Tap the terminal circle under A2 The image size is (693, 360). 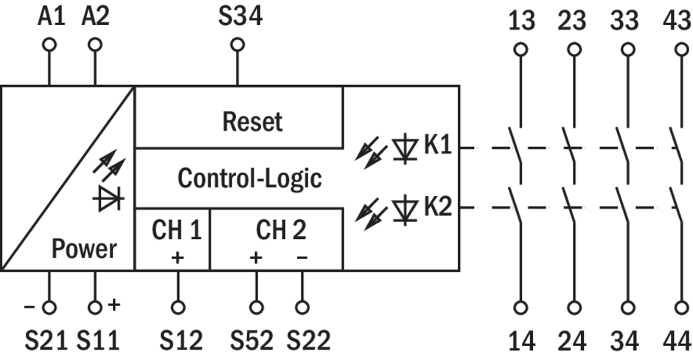click(94, 44)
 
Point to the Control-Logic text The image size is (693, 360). click(250, 178)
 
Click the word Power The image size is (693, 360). click(84, 249)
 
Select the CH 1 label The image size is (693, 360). click(177, 230)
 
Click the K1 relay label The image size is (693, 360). click(436, 145)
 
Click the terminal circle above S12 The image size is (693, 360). click(178, 305)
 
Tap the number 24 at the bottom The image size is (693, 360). click(573, 342)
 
